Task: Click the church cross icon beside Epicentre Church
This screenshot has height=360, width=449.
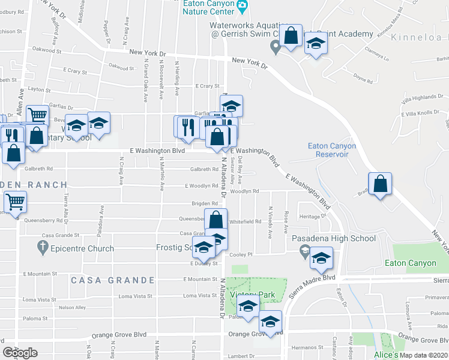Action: (42, 247)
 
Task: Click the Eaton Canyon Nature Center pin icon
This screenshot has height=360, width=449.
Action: (243, 7)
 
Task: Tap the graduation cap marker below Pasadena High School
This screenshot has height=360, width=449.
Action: (321, 259)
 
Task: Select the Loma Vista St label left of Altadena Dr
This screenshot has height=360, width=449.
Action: (199, 296)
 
